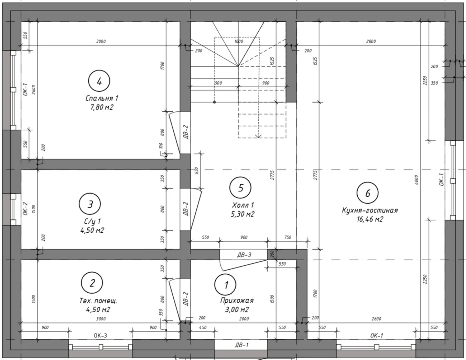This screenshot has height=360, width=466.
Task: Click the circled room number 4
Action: tap(99, 81)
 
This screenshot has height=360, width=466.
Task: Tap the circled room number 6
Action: tap(368, 193)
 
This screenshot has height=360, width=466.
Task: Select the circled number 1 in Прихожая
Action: tap(225, 285)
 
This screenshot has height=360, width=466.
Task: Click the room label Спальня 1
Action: tap(102, 98)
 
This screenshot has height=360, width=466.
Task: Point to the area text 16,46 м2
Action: tap(370, 219)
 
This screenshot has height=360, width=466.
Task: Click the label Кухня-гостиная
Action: tap(370, 210)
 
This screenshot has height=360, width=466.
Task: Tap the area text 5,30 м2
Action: tap(243, 214)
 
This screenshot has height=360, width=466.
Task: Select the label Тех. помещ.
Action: tap(98, 301)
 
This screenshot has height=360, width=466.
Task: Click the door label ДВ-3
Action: tap(244, 255)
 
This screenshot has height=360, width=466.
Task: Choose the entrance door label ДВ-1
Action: tap(242, 345)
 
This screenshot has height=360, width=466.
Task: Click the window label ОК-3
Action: tap(100, 336)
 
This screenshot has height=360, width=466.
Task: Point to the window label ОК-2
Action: tap(25, 209)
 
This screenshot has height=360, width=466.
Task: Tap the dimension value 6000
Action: tap(416, 180)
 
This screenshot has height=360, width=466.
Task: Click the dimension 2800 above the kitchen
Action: tap(371, 41)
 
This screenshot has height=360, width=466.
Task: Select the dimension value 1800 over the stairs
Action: tap(239, 41)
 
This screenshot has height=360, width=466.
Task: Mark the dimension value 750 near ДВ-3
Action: tap(288, 237)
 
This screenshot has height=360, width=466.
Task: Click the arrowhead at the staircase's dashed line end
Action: tap(259, 136)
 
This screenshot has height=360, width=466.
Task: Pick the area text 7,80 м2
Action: tap(102, 107)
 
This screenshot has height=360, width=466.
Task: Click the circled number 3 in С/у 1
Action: tap(90, 204)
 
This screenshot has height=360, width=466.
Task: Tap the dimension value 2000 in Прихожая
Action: tap(244, 319)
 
